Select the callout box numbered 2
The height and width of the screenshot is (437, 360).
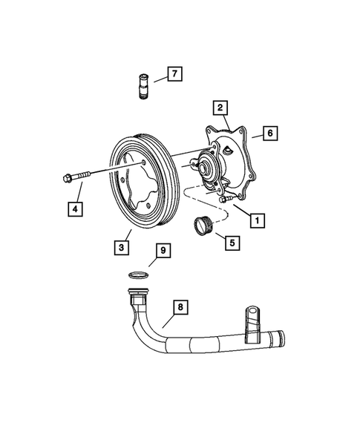tap(220, 108)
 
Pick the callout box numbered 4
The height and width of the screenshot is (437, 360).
tap(75, 209)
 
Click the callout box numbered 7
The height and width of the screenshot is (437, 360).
tap(174, 73)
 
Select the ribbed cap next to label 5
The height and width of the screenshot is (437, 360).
tap(203, 224)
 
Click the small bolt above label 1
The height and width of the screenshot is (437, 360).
tap(228, 198)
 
